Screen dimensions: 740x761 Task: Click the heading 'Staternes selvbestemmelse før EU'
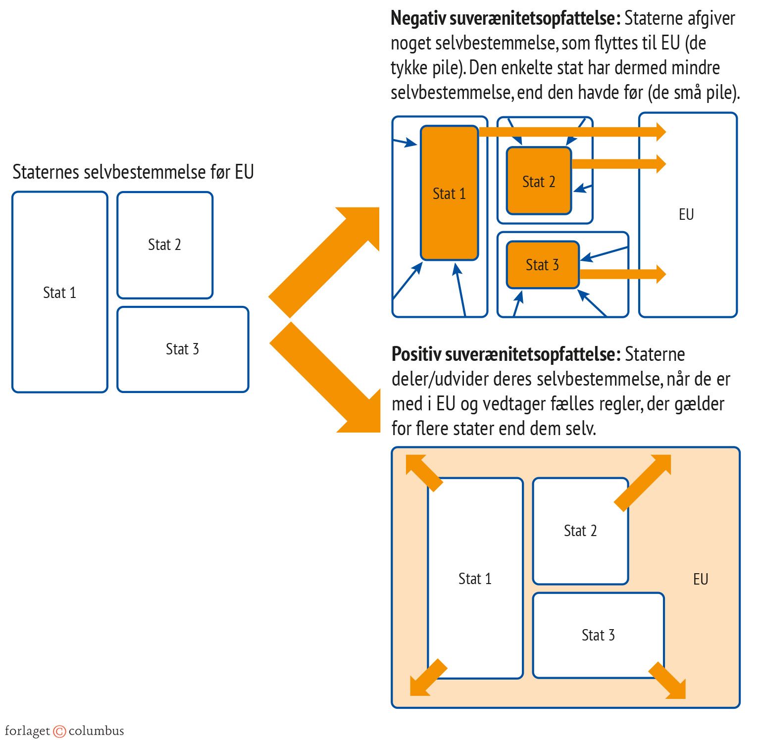[x=133, y=172]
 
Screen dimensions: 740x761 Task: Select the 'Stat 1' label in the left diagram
[x=59, y=293]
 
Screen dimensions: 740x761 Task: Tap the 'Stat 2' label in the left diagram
[x=164, y=245]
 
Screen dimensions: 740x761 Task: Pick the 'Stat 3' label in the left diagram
[x=182, y=349]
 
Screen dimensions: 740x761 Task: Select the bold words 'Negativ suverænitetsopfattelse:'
[x=505, y=19]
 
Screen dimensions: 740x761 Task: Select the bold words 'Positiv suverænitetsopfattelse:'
[x=506, y=354]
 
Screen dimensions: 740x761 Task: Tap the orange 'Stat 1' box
[x=449, y=194]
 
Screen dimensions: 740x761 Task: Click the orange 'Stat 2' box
[x=539, y=182]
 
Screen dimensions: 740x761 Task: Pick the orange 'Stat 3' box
[x=542, y=265]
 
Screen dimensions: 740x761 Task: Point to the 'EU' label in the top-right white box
[x=686, y=214]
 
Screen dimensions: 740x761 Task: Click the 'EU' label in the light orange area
[x=701, y=579]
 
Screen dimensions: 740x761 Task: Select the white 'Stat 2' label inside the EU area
[x=580, y=531]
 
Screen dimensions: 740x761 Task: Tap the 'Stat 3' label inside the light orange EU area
[x=598, y=635]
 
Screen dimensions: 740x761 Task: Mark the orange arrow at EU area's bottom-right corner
[x=668, y=681]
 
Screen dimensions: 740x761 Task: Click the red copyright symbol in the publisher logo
[x=59, y=731]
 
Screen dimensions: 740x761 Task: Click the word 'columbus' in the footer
[x=96, y=731]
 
